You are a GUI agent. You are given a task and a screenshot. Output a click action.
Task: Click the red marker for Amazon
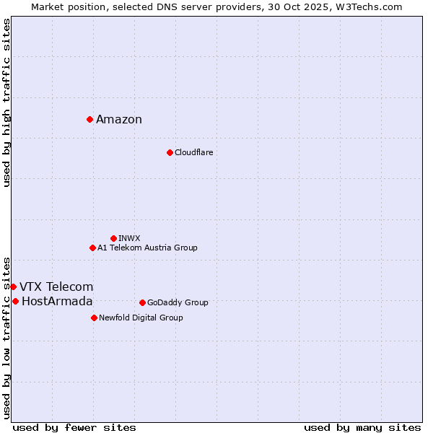[89, 119]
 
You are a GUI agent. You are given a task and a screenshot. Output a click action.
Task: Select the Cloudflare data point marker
[170, 152]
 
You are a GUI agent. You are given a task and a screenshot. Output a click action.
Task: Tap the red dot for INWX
[113, 238]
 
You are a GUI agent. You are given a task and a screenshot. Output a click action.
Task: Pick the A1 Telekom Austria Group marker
[92, 248]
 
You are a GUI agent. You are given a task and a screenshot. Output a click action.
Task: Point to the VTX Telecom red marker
[13, 287]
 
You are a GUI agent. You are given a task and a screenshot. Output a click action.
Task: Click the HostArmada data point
[15, 301]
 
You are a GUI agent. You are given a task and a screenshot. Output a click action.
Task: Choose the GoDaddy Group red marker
[142, 302]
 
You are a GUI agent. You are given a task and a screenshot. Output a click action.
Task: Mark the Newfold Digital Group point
[94, 318]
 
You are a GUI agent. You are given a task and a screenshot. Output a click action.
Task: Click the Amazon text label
[119, 120]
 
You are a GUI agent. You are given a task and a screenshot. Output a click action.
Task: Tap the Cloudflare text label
[193, 152]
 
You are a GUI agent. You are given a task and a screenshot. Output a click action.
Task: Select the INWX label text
[129, 238]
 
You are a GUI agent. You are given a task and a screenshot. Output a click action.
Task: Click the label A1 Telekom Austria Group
[147, 248]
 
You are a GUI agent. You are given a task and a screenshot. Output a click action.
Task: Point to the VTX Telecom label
[56, 287]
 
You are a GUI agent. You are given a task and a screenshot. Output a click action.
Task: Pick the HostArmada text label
[57, 302]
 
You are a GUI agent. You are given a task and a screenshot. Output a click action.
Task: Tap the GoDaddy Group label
[178, 302]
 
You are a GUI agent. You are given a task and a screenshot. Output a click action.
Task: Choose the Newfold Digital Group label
[141, 318]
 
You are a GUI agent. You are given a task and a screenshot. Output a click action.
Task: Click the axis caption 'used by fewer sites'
[74, 427]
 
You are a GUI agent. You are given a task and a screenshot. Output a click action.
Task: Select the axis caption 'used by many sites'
[362, 427]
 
